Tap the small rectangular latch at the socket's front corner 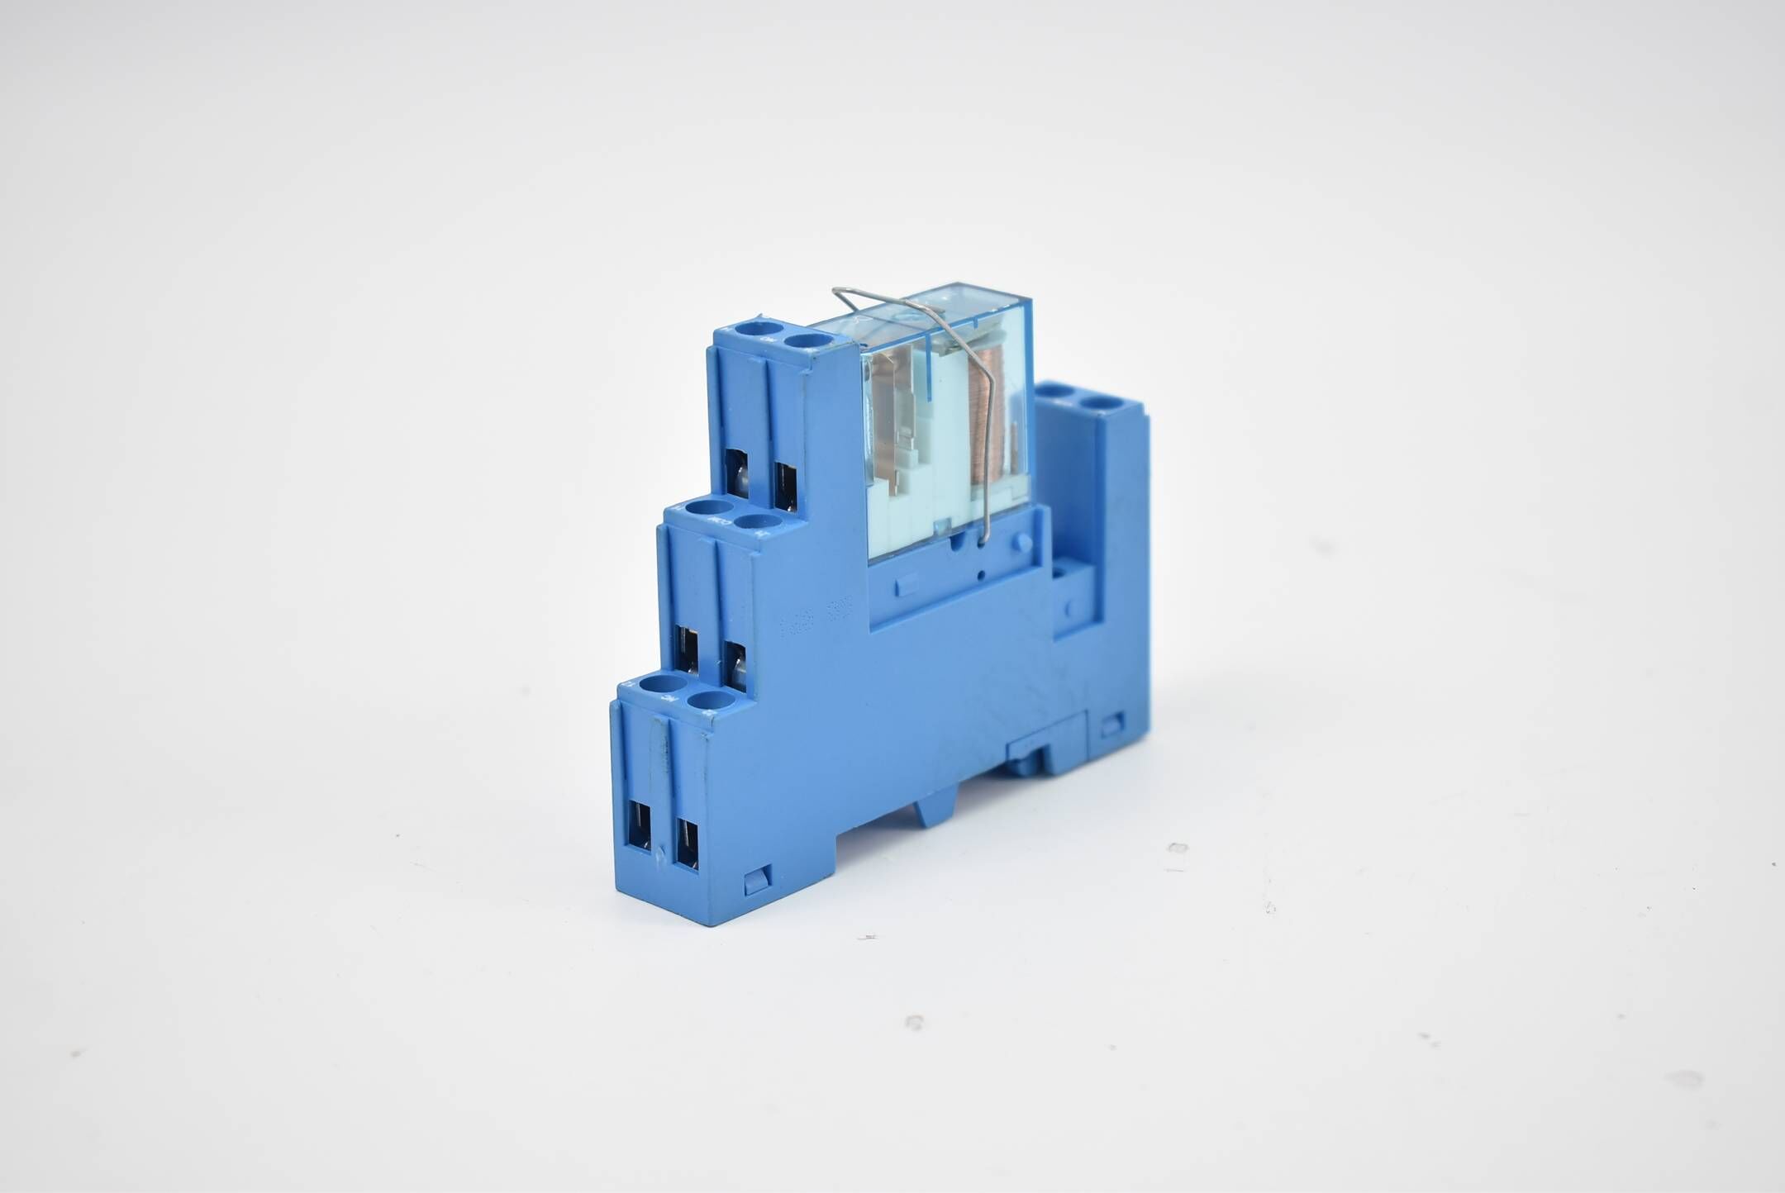point(755,880)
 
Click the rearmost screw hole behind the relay point(1097,404)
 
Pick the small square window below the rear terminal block point(1111,725)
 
